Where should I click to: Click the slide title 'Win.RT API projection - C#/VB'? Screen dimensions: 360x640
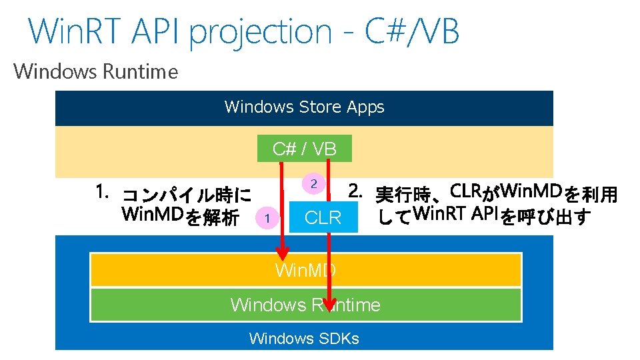coord(243,31)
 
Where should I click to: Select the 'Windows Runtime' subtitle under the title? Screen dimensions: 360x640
coord(96,71)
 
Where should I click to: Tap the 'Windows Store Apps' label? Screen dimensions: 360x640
coord(304,107)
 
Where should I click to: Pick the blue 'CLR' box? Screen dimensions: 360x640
coord(323,217)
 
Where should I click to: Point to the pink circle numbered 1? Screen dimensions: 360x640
coord(267,217)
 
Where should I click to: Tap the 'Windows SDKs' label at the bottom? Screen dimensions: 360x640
coord(304,339)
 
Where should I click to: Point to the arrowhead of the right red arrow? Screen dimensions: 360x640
coord(329,298)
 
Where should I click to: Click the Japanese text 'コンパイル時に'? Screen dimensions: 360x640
coord(187,196)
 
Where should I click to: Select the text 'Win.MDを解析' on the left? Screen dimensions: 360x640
coord(181,217)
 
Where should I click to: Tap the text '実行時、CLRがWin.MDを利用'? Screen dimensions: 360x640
coord(497,194)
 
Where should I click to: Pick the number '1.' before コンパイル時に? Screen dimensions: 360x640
coord(102,193)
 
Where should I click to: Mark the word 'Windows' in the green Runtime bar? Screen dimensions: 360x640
coord(267,305)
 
